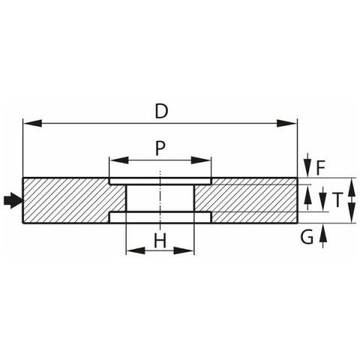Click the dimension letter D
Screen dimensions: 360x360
(x=161, y=111)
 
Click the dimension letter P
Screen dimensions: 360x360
(x=160, y=148)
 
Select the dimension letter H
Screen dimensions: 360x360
(x=160, y=241)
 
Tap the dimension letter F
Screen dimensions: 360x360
(x=320, y=168)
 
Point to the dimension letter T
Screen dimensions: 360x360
(x=337, y=200)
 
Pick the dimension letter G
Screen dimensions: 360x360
(x=307, y=237)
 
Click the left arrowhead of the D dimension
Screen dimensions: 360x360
(x=33, y=123)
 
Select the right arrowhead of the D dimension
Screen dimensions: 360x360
(x=287, y=123)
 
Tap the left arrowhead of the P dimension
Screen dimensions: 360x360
(x=119, y=160)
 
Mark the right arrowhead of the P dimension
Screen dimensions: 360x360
(x=201, y=160)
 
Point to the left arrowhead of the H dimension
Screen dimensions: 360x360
(x=136, y=250)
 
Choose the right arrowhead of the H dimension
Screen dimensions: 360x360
(x=184, y=250)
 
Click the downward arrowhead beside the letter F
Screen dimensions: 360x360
(x=308, y=169)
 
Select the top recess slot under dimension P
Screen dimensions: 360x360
(x=160, y=181)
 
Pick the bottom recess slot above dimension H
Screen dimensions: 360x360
(x=160, y=217)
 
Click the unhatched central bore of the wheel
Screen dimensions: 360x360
(x=160, y=198)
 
